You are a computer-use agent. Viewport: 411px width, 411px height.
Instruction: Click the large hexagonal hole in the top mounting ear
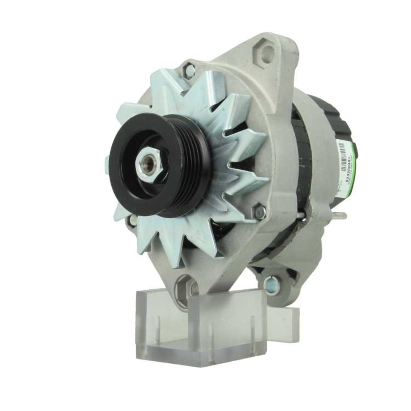tap(268, 53)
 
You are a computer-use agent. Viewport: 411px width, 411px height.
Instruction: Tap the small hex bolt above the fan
tap(189, 70)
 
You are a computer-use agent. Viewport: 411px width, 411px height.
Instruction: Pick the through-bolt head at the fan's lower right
tap(260, 212)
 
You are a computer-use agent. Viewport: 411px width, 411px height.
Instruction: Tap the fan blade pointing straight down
tap(205, 251)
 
